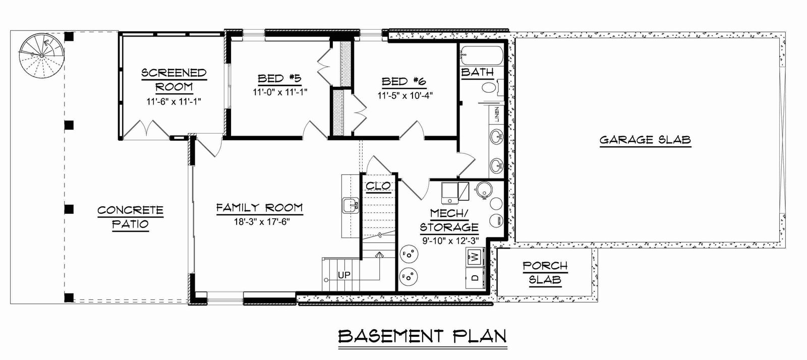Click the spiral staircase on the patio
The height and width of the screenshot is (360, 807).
(x=42, y=55)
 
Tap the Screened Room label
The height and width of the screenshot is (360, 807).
(x=174, y=80)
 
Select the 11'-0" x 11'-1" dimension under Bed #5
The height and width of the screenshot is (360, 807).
(x=280, y=92)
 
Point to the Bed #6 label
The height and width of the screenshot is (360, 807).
(x=404, y=82)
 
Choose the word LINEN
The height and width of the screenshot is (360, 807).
(x=497, y=114)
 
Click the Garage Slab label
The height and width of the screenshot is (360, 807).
(x=645, y=140)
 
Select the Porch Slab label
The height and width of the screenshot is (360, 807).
(x=545, y=273)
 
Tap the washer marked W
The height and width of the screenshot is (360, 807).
(x=475, y=257)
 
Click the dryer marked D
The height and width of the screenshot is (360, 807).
(x=475, y=277)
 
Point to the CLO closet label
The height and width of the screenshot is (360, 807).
(x=378, y=186)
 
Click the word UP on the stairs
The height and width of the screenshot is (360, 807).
(x=344, y=275)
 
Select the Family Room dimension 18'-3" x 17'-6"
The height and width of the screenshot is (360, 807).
(x=262, y=221)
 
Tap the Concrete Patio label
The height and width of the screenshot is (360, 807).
(x=131, y=217)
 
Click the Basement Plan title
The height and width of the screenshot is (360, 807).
(x=423, y=336)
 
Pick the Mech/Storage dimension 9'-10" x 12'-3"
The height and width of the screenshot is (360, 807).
(x=450, y=241)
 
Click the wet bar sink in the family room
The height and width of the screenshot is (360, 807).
(x=350, y=205)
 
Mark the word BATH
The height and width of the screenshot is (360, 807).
(x=477, y=72)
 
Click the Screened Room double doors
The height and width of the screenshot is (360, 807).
(x=146, y=130)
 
